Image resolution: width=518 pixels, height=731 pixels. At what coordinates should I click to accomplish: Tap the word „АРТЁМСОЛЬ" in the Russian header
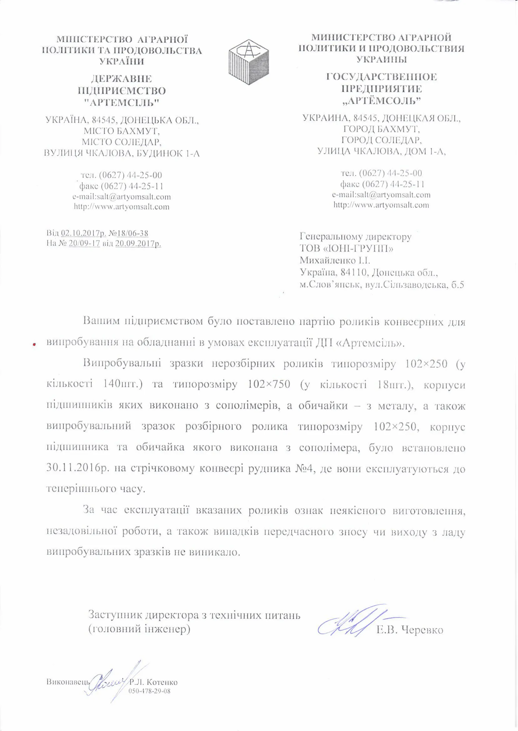click(x=382, y=101)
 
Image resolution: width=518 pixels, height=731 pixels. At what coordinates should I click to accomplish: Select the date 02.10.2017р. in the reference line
click(x=84, y=233)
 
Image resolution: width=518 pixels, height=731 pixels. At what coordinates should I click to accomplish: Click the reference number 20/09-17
click(x=84, y=244)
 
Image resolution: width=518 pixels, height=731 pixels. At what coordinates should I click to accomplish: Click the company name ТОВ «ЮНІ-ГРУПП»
click(x=346, y=248)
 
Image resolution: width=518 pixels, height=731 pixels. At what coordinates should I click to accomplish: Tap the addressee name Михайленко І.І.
click(x=335, y=261)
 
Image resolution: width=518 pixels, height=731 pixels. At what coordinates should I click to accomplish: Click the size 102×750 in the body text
click(x=269, y=385)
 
